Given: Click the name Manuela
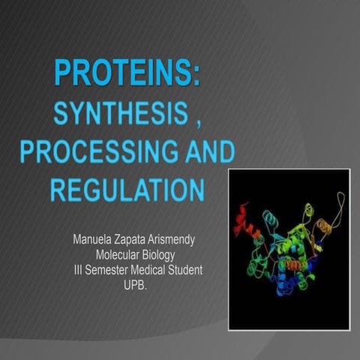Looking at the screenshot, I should pyautogui.click(x=92, y=241).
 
